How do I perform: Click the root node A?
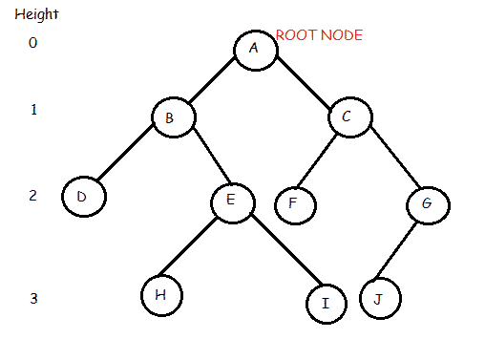point(256,50)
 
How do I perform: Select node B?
point(174,116)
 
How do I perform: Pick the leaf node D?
point(83,197)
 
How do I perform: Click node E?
point(232,201)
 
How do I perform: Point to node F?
point(295,203)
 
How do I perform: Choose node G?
point(427,203)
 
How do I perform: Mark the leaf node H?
point(161,295)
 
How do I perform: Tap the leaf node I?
point(327,303)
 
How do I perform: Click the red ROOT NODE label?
point(319,34)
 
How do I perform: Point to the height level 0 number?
point(33,43)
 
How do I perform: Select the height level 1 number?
point(33,110)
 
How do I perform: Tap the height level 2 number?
point(33,196)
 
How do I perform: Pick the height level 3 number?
point(33,299)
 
